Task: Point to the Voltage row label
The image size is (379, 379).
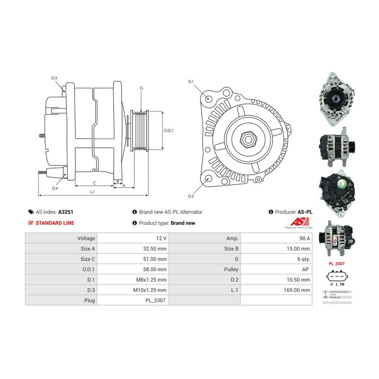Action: [x=86, y=238]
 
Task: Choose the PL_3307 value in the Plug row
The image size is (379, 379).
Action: [x=158, y=301]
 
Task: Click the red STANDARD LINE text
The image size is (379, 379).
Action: [x=55, y=223]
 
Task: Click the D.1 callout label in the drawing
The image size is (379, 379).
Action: [x=190, y=81]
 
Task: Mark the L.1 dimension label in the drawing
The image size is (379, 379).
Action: [x=92, y=192]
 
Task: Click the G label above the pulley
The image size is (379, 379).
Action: [x=141, y=88]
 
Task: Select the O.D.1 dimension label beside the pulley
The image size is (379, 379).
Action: [x=168, y=130]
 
